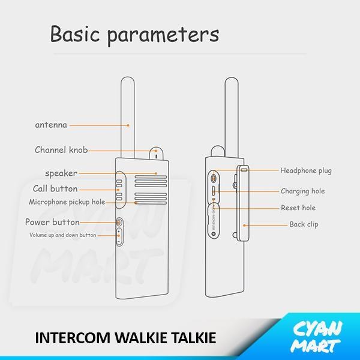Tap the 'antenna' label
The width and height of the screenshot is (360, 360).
(x=51, y=125)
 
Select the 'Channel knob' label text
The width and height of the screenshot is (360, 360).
(x=61, y=150)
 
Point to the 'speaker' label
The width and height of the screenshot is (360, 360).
(x=61, y=173)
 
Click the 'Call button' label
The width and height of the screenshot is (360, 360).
(x=55, y=189)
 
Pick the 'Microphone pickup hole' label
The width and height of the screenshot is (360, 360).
(x=67, y=202)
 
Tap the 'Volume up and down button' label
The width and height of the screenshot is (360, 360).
(x=63, y=235)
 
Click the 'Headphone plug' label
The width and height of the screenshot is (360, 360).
(x=306, y=171)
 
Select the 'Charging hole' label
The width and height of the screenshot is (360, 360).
(x=303, y=191)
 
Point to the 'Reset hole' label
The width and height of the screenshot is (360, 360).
(x=298, y=208)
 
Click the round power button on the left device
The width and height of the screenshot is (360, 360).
(x=119, y=222)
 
